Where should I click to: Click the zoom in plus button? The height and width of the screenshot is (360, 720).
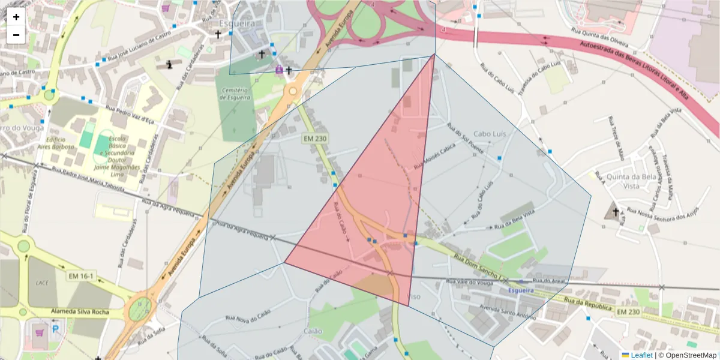(x=16, y=17)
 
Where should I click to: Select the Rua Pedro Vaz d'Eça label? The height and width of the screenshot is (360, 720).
(x=130, y=114)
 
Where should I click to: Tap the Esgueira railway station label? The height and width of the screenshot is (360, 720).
(x=521, y=290)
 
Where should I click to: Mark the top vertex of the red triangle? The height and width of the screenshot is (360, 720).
(x=434, y=55)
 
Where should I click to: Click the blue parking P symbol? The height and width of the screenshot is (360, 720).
(x=56, y=329)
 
